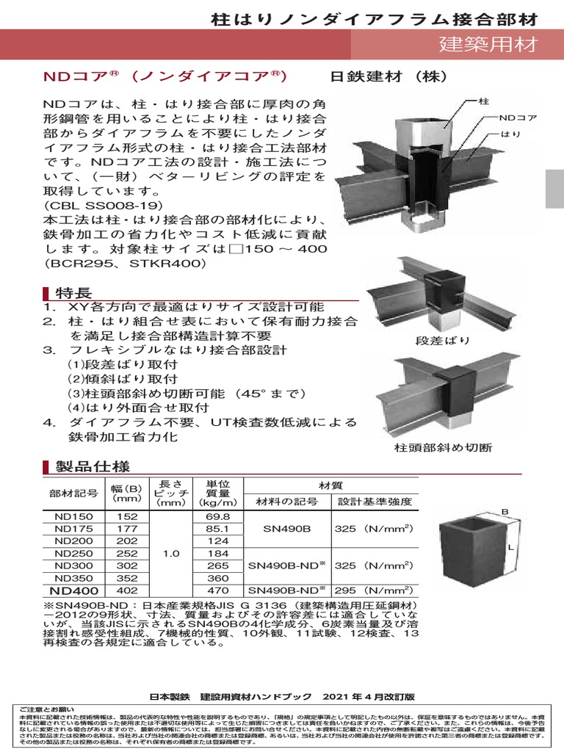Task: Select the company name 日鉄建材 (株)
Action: [386, 76]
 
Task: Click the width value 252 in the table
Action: [128, 553]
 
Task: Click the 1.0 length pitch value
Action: [172, 553]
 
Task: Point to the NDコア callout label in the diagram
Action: [518, 117]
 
